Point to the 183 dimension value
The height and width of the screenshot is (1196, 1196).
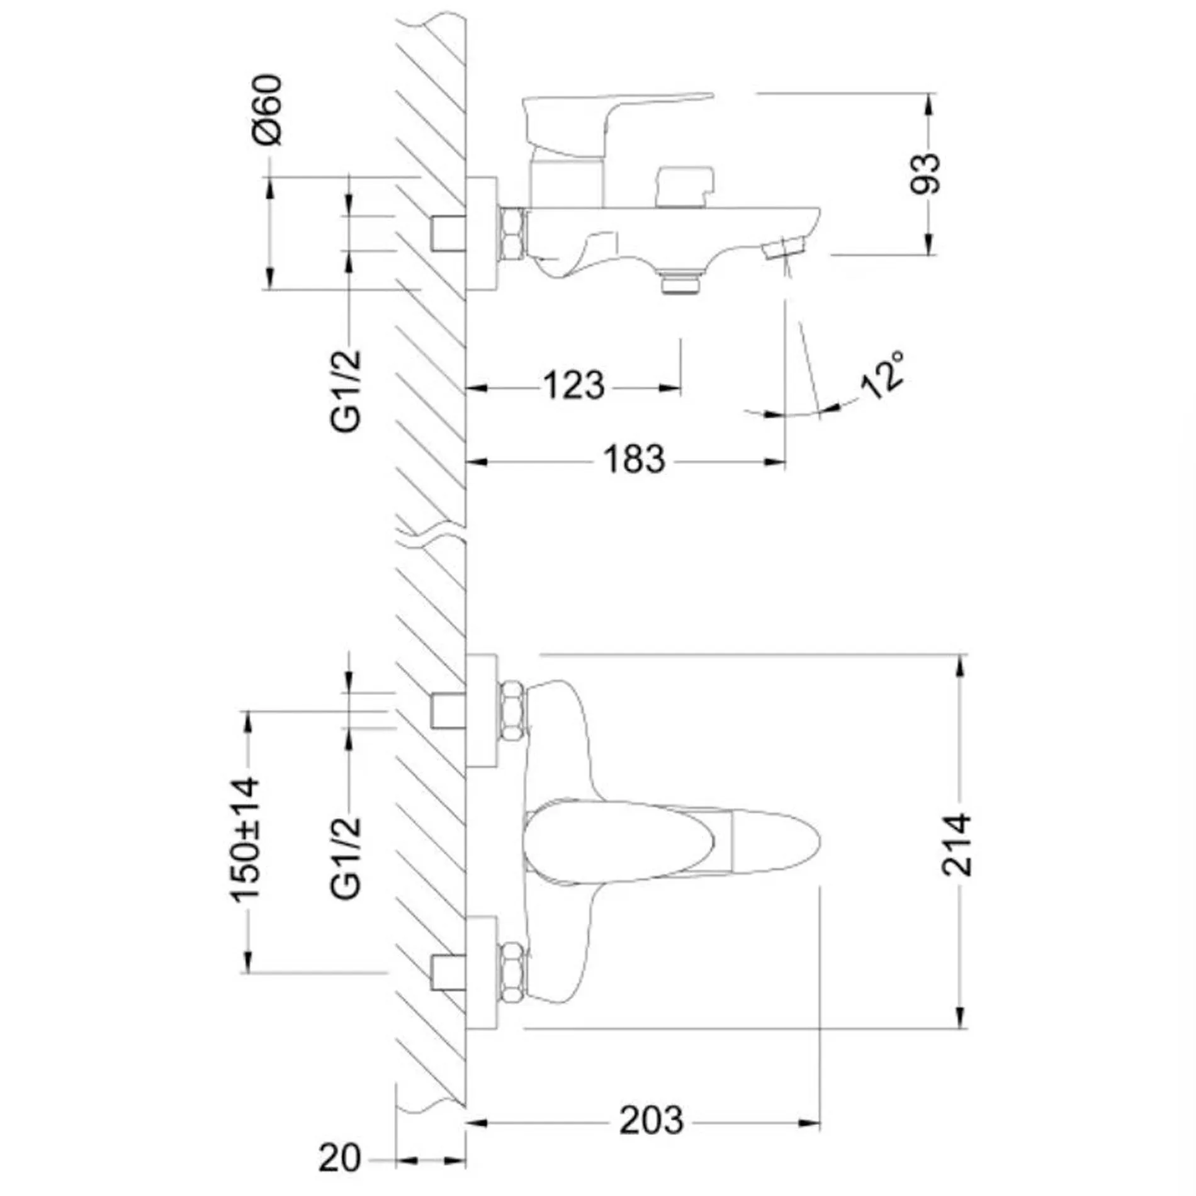click(634, 459)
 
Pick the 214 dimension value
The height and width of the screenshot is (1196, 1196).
click(956, 845)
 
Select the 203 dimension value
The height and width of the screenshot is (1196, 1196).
click(651, 1120)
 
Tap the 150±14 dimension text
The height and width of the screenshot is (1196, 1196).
click(244, 840)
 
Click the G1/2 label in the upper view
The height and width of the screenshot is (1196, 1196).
click(347, 390)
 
